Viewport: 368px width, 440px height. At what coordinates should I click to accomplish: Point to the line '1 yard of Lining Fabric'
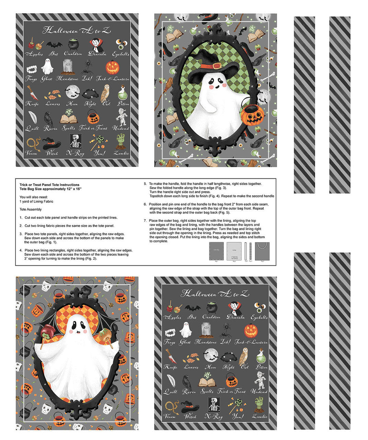tap(36, 201)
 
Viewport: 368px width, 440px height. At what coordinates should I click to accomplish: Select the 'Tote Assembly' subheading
tap(31, 209)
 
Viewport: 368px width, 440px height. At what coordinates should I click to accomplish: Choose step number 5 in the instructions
tap(145, 184)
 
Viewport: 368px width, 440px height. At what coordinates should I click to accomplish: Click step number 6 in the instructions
tap(145, 204)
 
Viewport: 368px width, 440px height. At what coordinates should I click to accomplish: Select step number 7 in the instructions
tap(145, 221)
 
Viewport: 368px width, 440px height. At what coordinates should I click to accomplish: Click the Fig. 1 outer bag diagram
tap(216, 251)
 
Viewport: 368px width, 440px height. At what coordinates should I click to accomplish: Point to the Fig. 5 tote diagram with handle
tap(262, 251)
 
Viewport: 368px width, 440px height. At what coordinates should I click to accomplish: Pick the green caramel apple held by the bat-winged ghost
tap(103, 333)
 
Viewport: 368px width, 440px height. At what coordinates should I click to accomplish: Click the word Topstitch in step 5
tap(158, 196)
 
